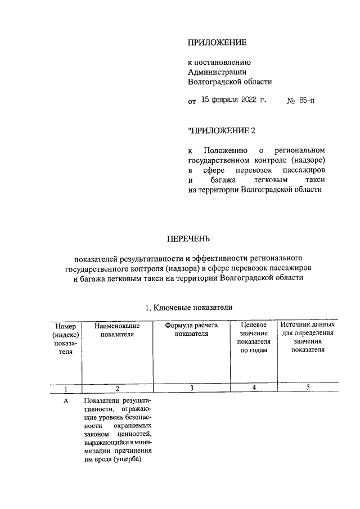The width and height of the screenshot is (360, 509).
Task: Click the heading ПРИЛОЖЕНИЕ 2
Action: [222, 131]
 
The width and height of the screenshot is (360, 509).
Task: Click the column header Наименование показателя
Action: [117, 330]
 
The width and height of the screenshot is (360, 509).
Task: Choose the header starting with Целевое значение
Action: [254, 337]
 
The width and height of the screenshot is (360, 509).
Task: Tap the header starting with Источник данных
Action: [308, 337]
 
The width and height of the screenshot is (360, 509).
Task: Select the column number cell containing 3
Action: [191, 388]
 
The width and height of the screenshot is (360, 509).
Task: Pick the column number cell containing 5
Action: [308, 387]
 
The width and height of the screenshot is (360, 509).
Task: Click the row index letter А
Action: [66, 400]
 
